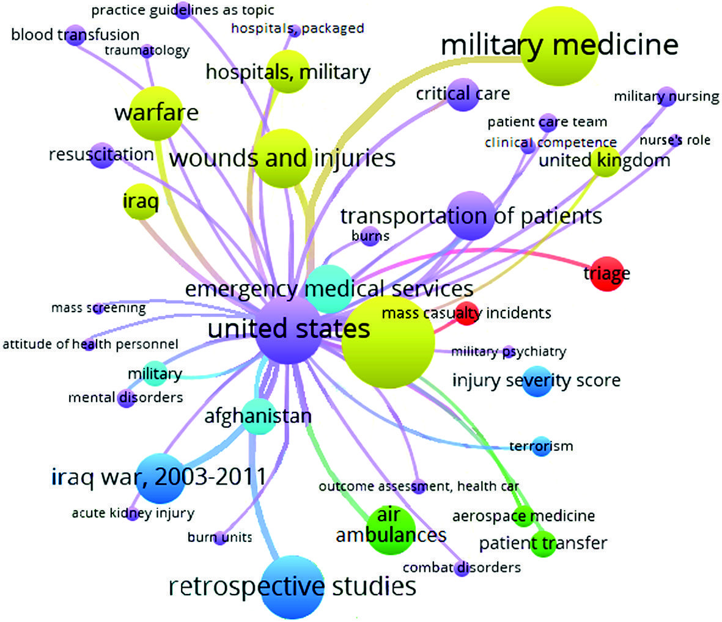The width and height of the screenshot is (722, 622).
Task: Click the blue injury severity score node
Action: [537, 380]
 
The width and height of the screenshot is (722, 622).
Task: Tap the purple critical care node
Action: [462, 93]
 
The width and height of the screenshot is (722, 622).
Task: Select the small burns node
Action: [370, 236]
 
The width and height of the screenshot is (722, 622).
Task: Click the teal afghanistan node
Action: [257, 417]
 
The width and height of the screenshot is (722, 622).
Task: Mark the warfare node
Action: [157, 113]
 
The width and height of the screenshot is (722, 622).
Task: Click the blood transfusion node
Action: [75, 35]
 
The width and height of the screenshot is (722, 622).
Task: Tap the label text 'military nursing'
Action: [666, 97]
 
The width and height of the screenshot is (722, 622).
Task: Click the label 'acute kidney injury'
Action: [133, 513]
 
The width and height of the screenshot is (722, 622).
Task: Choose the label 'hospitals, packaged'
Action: [298, 28]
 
